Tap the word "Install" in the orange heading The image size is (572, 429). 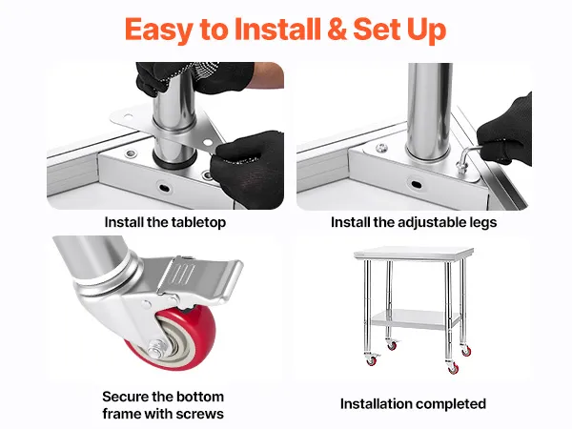[x=277, y=29]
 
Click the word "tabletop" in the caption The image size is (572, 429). [x=199, y=222]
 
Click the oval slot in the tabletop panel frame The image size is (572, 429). [x=164, y=188]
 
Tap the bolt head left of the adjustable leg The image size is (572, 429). [x=381, y=148]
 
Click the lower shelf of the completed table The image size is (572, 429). [x=415, y=318]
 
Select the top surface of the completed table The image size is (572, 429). [x=414, y=253]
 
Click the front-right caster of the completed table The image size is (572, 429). [x=453, y=367]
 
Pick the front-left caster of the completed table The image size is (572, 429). [x=371, y=359]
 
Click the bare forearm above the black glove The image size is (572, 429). [x=269, y=74]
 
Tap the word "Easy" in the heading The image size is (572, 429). [x=158, y=30]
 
